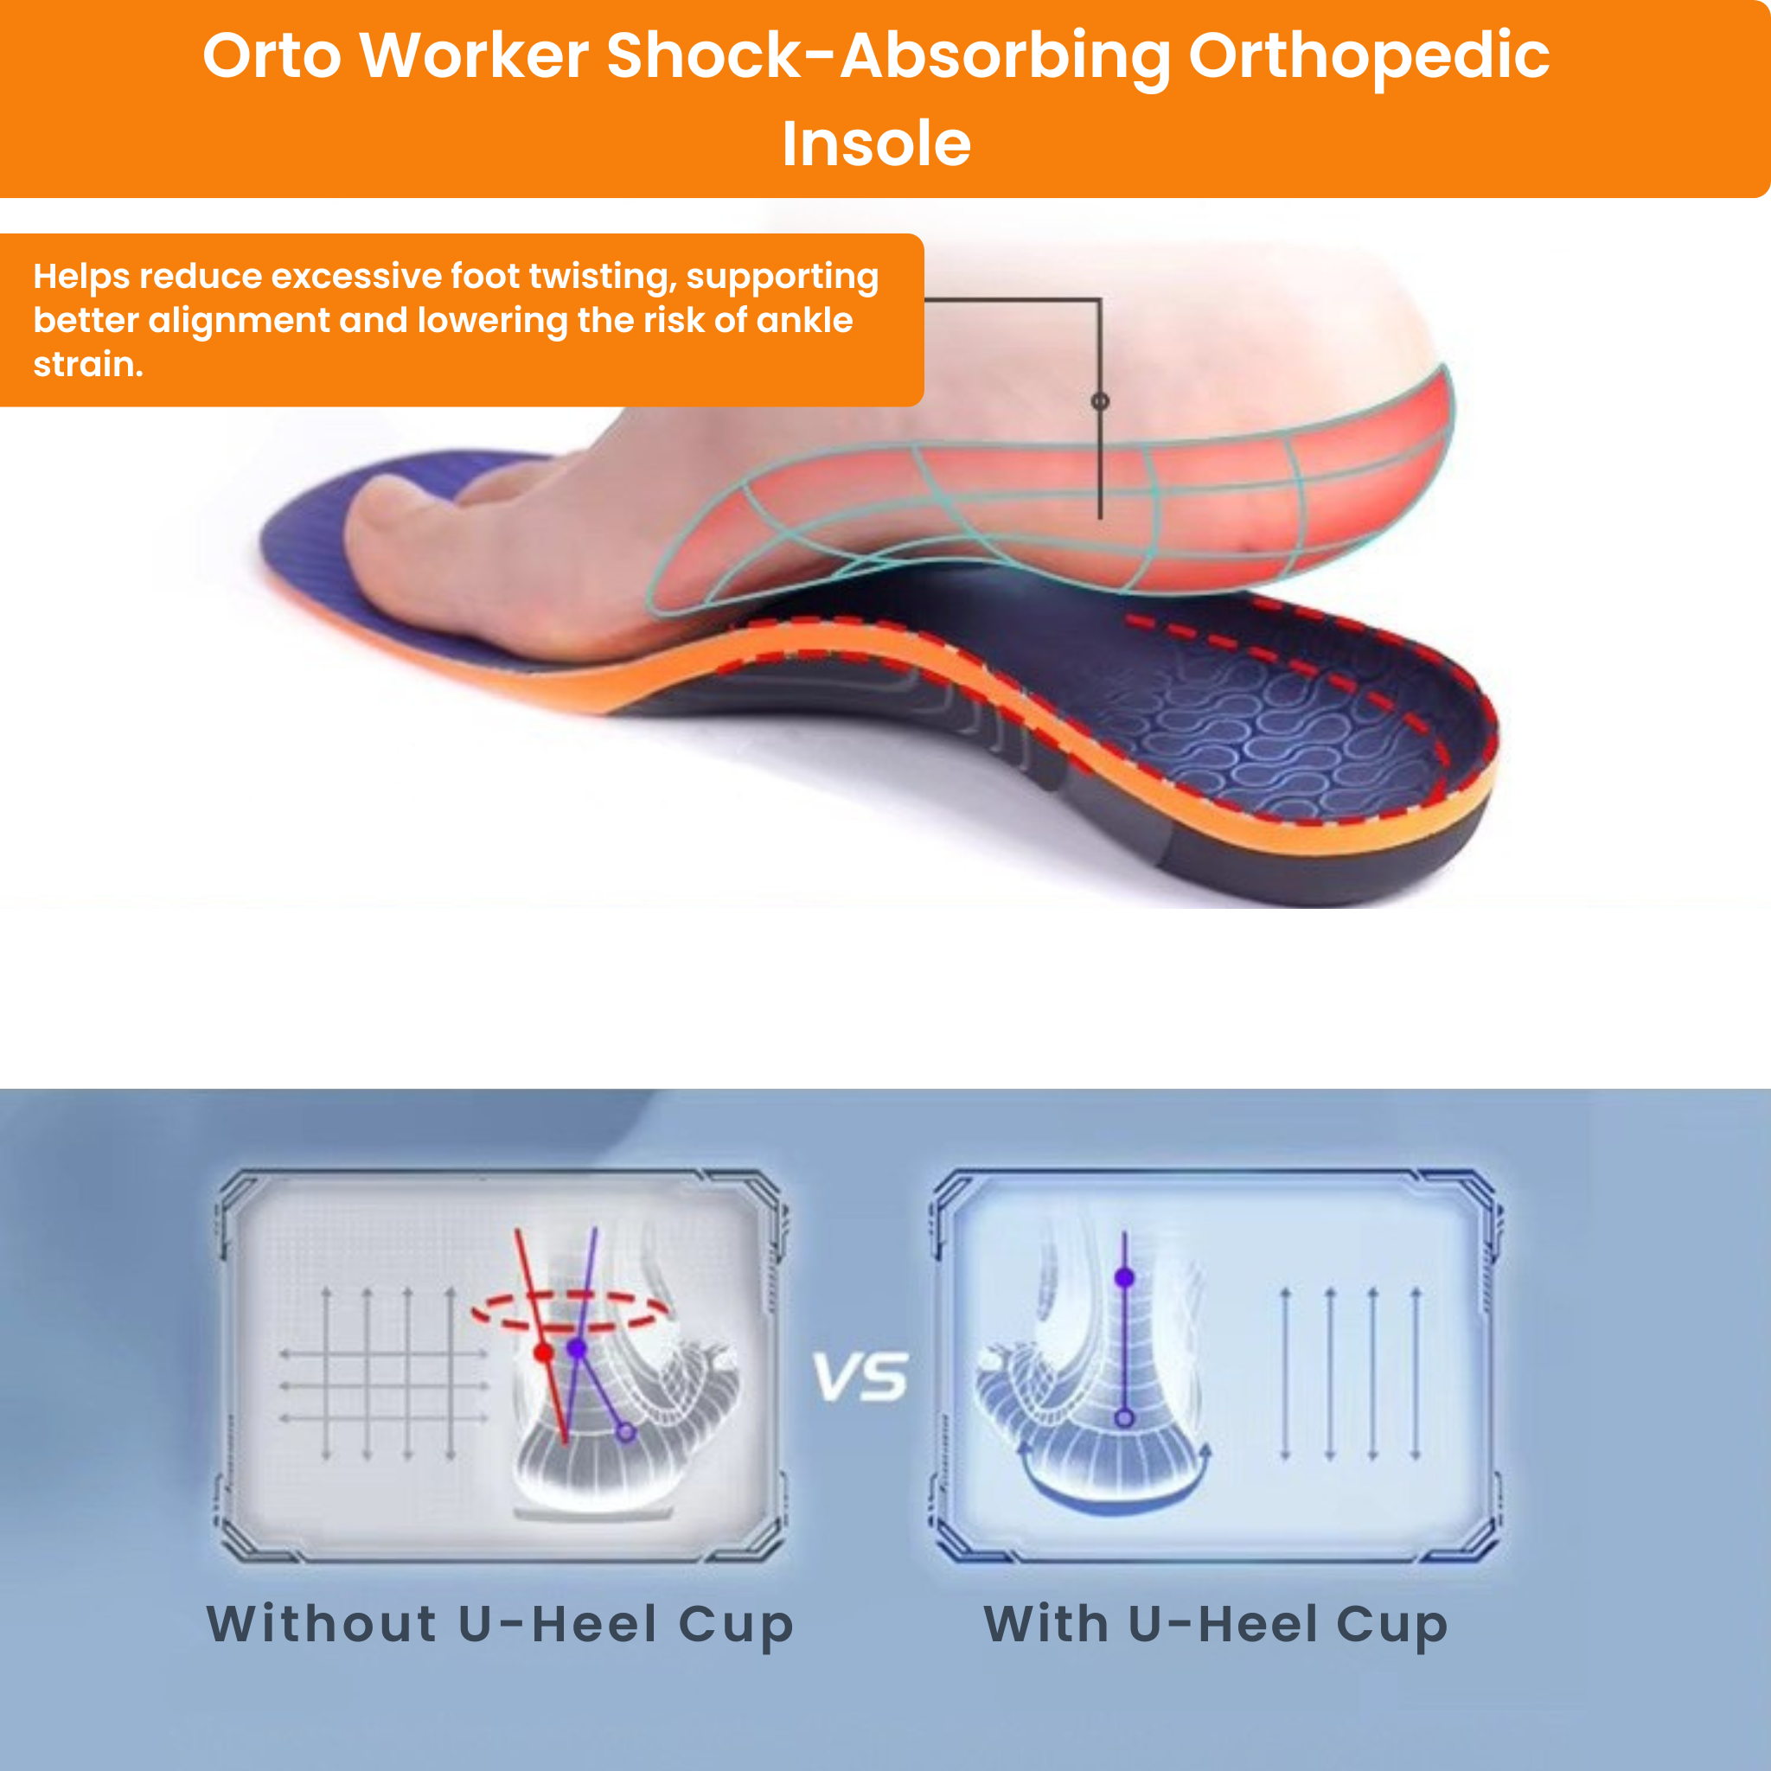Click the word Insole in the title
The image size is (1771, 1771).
[x=875, y=144]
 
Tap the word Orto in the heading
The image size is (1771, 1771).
[x=272, y=57]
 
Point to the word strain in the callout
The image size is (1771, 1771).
[x=86, y=365]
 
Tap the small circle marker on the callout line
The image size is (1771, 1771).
[x=1100, y=401]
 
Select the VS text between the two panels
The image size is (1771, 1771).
[x=860, y=1378]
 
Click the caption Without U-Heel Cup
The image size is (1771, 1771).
[x=500, y=1624]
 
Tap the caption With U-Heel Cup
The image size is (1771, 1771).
[x=1216, y=1624]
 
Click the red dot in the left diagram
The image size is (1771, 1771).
[x=543, y=1352]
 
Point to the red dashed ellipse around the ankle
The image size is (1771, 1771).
[x=570, y=1312]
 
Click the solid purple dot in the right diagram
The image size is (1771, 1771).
[x=1125, y=1278]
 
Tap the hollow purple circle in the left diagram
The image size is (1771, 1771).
[x=625, y=1432]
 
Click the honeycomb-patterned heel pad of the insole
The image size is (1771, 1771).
[x=1283, y=733]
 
